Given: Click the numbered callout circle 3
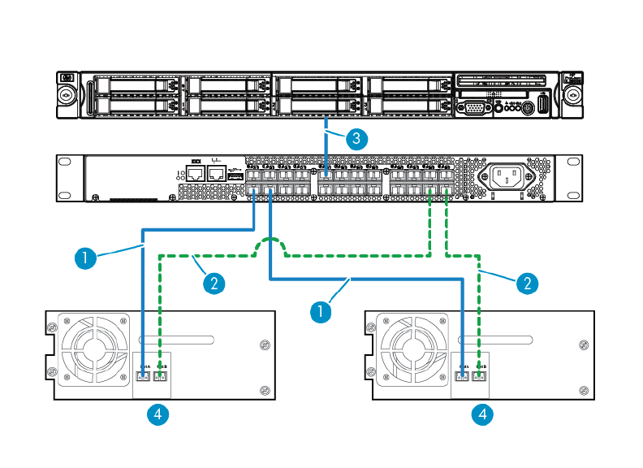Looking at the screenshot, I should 354,138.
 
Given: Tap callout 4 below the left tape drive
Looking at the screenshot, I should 159,415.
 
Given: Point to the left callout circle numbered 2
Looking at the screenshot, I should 213,283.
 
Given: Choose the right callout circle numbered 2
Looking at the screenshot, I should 527,283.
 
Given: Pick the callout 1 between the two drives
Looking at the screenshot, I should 322,310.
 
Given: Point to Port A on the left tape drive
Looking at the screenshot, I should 144,377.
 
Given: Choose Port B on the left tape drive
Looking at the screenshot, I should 160,377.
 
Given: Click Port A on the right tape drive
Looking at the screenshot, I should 464,377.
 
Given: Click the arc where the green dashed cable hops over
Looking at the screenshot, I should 270,245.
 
